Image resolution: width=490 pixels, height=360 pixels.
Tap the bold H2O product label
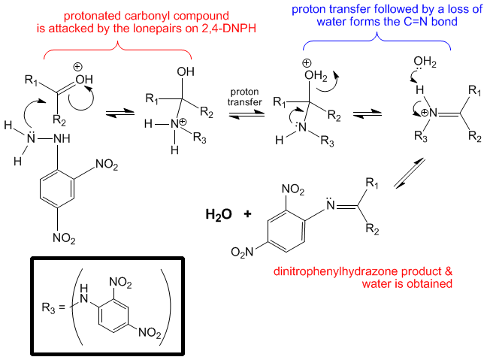(x=217, y=214)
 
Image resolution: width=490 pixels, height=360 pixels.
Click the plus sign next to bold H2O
(x=247, y=214)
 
